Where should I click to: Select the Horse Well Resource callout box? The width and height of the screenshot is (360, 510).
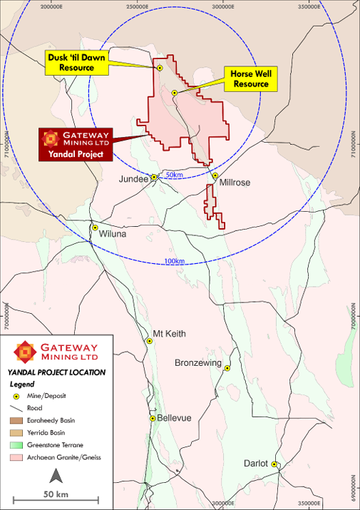coord(250,78)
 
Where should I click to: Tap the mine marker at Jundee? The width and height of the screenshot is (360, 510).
coord(153,177)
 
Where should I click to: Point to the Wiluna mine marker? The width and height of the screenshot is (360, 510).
coord(94,228)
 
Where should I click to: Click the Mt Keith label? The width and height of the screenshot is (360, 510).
coord(170,333)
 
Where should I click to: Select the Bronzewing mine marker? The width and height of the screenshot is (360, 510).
coord(227,368)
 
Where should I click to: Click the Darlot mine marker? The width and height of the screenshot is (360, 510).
coord(274,464)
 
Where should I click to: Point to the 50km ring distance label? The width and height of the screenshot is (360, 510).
coord(175,175)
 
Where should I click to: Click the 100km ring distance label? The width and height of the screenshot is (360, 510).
coord(175,261)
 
